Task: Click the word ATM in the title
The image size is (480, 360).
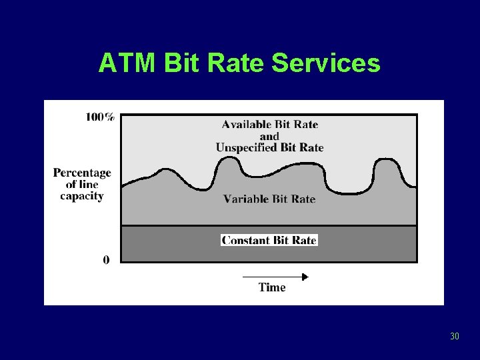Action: coord(127,63)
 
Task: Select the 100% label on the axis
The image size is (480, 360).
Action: coord(100,117)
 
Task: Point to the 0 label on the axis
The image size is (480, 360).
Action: coord(107,259)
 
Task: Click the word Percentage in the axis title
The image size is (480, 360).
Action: coord(82,173)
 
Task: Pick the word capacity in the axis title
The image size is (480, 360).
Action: coord(82,196)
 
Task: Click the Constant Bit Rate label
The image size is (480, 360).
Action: coord(269,240)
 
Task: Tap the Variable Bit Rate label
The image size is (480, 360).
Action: coord(269,199)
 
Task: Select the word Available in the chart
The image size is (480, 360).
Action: coord(247,125)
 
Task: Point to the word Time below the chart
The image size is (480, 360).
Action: coord(272,287)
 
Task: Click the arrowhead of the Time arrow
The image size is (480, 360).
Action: coord(305,276)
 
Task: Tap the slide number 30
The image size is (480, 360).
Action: coord(455,336)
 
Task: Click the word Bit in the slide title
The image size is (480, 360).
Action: coord(181,63)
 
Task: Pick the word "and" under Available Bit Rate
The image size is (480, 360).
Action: coord(269,136)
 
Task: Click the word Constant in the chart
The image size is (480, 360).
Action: coord(245,240)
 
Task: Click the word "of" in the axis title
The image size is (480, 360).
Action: coord(71,185)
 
